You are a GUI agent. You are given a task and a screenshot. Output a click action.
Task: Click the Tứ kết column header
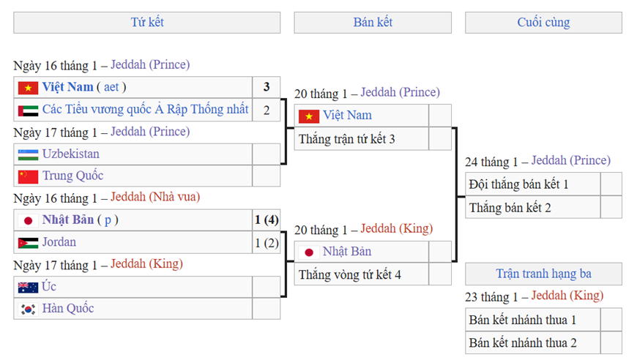click(146, 23)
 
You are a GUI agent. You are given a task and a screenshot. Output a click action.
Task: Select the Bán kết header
click(373, 23)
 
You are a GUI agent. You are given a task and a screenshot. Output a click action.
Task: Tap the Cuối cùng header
click(543, 23)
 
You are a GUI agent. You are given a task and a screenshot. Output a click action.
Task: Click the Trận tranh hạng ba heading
click(543, 274)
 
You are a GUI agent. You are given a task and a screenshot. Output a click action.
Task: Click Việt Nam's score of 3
click(267, 87)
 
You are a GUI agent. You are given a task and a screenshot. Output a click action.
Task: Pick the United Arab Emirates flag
click(29, 110)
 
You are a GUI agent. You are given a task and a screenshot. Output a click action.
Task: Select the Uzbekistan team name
click(71, 154)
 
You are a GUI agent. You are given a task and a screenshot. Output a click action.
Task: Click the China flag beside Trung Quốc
click(29, 176)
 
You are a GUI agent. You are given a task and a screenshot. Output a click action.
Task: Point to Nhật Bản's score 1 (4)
click(267, 220)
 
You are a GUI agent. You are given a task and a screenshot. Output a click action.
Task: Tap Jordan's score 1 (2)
click(267, 242)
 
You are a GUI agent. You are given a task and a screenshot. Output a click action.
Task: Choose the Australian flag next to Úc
click(29, 287)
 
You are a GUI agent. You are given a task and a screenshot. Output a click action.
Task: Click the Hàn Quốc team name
click(68, 309)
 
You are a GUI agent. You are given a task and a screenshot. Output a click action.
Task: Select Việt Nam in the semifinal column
click(348, 116)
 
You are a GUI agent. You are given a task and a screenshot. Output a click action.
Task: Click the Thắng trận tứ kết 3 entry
click(347, 139)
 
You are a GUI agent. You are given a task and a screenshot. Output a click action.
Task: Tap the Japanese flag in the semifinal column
click(309, 252)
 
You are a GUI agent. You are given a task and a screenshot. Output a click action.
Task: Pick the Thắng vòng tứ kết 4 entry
click(350, 275)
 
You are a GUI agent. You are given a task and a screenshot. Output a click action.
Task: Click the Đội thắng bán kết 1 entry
click(519, 184)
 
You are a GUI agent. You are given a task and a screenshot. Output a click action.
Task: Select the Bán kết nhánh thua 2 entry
click(523, 342)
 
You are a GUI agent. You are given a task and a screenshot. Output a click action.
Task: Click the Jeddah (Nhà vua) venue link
click(155, 198)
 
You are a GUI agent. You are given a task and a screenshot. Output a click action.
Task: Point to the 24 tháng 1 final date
click(491, 161)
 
